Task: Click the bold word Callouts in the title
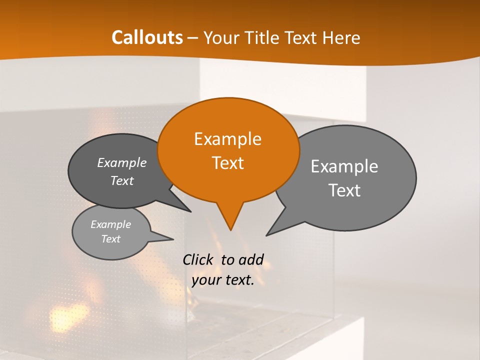(147, 38)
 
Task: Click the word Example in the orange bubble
(227, 139)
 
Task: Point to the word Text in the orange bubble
(227, 163)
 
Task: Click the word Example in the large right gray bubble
(344, 166)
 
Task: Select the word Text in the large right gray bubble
(345, 190)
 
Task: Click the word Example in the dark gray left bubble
(122, 163)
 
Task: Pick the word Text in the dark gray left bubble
(122, 181)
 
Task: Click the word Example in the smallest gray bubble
(110, 224)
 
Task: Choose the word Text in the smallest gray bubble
(110, 239)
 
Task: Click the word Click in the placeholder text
(198, 259)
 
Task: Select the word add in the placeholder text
(251, 259)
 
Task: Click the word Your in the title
(222, 38)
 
